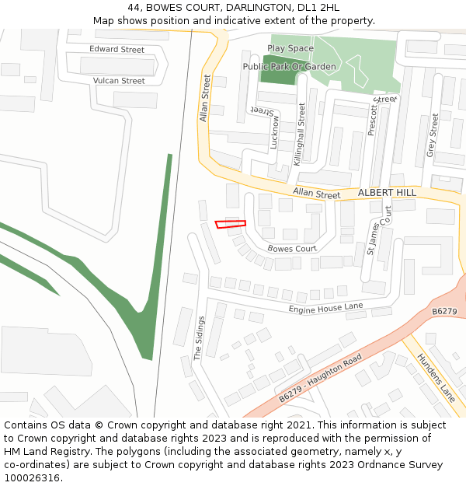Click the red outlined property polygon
(x=231, y=225)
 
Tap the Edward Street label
(x=116, y=50)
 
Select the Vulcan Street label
(x=119, y=81)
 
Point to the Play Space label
(x=290, y=48)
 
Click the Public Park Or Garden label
(x=289, y=67)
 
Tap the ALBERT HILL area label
(x=387, y=192)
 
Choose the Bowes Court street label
(x=292, y=249)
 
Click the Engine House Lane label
(x=325, y=309)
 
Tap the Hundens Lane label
(x=436, y=376)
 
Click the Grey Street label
(x=433, y=135)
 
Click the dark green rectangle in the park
(x=273, y=71)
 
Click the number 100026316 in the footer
(x=32, y=477)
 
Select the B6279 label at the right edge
(x=444, y=311)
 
